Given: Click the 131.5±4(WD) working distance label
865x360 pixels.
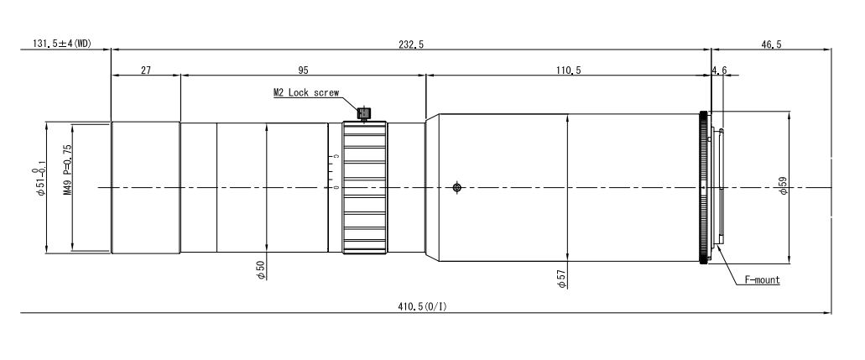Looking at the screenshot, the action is [62, 44].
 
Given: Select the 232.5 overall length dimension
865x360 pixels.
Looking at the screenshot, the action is [412, 44].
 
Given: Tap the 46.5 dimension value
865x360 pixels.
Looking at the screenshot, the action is [771, 44].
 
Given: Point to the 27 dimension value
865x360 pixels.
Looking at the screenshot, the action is [146, 70].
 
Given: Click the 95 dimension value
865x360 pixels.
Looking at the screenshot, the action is [303, 70].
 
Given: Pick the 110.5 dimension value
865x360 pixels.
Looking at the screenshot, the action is [569, 70].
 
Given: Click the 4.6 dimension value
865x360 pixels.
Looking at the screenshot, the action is [720, 70].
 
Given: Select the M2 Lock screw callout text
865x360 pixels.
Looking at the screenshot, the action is [306, 93].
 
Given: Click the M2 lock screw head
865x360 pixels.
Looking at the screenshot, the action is [363, 114].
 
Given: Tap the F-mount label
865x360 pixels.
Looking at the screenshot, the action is [763, 280].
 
